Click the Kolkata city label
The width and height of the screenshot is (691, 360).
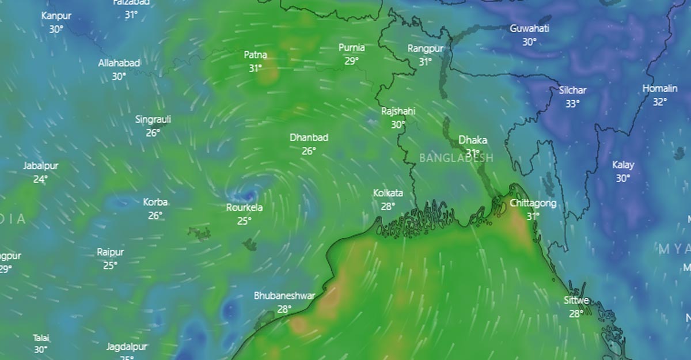click(388, 193)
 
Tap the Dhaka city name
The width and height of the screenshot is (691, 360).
click(473, 140)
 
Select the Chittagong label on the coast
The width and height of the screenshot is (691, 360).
click(533, 203)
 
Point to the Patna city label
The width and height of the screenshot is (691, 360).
click(255, 55)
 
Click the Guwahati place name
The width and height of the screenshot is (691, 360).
click(529, 28)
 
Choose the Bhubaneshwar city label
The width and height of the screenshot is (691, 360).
click(284, 296)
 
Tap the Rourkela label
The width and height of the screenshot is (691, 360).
click(244, 207)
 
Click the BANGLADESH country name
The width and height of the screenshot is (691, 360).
click(456, 158)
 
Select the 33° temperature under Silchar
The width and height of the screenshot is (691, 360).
click(572, 104)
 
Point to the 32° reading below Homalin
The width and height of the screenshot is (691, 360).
click(660, 102)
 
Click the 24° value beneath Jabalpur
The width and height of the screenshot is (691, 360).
click(40, 179)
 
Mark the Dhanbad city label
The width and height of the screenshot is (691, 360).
click(309, 138)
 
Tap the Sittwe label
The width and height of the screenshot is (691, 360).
click(576, 301)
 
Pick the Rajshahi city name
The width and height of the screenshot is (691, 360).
click(398, 111)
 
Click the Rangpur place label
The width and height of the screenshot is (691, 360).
click(425, 48)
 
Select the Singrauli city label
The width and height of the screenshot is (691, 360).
click(153, 120)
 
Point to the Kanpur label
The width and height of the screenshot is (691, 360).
click(56, 16)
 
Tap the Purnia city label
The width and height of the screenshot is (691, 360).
click(351, 47)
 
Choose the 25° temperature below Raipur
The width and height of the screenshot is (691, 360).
click(110, 266)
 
